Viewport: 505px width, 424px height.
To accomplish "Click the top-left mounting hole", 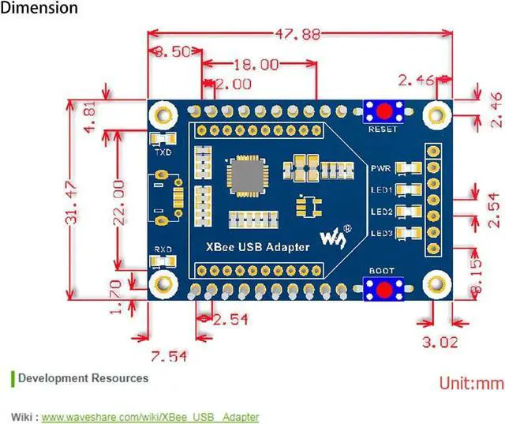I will (x=163, y=114).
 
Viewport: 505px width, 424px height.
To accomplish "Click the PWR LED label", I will (x=381, y=168).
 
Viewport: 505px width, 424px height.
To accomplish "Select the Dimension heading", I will (x=39, y=9).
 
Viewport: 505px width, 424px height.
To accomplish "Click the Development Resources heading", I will (x=83, y=378).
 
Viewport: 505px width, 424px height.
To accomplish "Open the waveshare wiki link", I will (x=150, y=416).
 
